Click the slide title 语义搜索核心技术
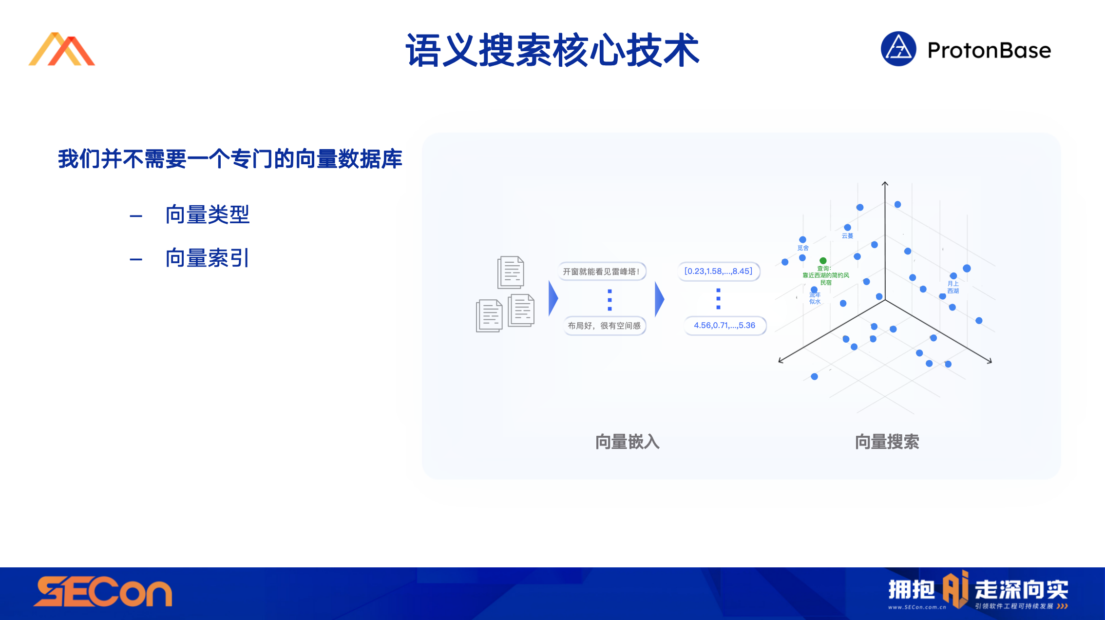552,50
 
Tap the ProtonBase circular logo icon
898,49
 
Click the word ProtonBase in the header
989,50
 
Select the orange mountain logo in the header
62,49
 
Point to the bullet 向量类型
208,214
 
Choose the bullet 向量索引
208,258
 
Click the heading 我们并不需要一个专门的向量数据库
230,159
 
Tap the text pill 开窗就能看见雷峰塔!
602,271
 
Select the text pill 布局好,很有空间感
604,326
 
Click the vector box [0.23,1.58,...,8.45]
719,271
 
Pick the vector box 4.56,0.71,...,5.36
724,326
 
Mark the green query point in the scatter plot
823,261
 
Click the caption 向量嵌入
628,442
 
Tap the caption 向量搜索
887,442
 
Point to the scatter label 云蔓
848,236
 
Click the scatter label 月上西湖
953,287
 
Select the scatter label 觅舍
803,248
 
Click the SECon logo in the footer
103,592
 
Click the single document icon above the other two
511,272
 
